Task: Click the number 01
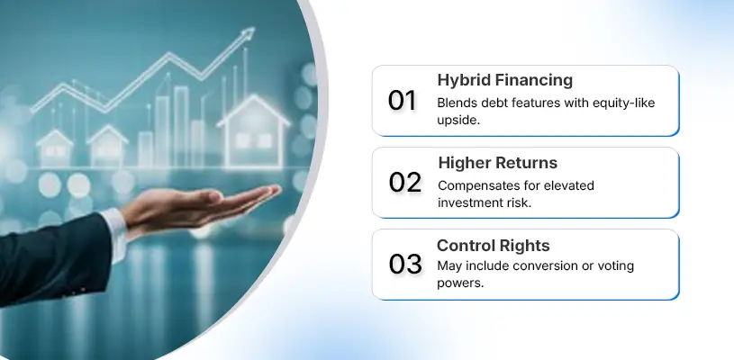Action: [403, 101]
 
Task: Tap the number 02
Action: [405, 183]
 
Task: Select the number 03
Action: [405, 265]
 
